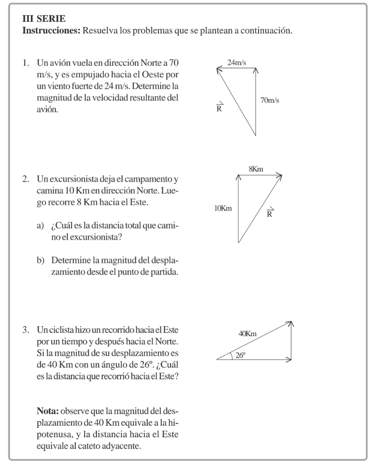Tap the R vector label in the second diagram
pos(270,212)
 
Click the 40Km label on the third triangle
pos(248,334)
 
